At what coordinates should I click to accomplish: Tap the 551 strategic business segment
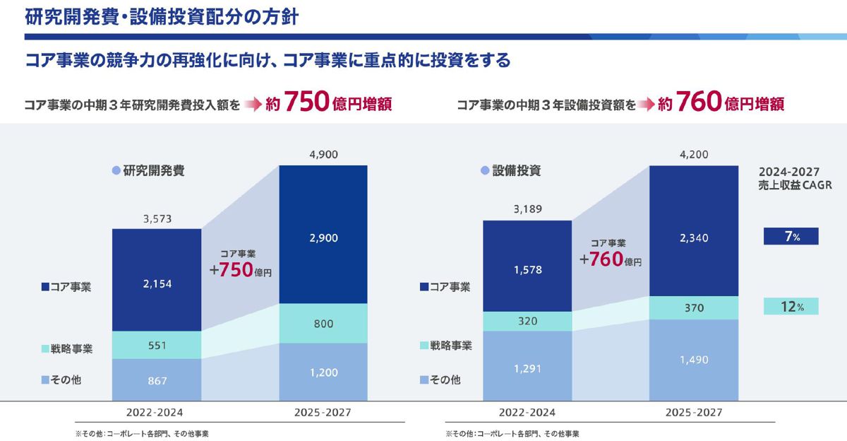click(157, 345)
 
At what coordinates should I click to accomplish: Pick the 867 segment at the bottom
click(157, 380)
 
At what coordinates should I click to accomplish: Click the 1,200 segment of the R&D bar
click(323, 372)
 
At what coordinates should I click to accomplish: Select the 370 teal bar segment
click(693, 308)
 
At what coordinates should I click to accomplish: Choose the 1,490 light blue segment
click(693, 360)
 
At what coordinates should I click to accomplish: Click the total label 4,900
click(323, 155)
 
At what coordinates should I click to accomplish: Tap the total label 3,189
click(527, 209)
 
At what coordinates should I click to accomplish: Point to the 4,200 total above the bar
click(693, 155)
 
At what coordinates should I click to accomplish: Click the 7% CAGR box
click(791, 237)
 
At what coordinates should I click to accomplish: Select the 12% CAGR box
click(791, 306)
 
